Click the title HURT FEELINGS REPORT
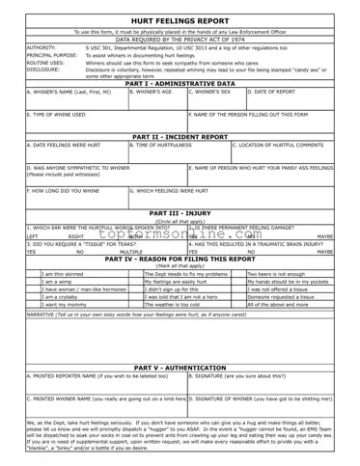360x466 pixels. click(180, 19)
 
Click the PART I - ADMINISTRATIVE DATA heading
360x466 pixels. click(180, 83)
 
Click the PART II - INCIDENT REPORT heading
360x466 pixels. click(180, 137)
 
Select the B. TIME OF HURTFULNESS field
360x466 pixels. click(179, 152)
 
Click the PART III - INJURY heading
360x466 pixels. click(180, 212)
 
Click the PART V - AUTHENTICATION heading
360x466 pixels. click(180, 393)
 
